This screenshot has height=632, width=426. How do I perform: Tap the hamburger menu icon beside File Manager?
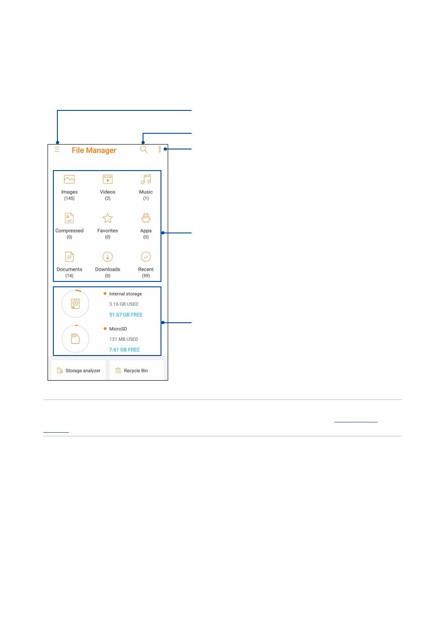point(57,149)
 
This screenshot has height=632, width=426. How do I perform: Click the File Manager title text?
point(94,150)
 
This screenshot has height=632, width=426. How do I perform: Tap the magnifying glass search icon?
point(143,149)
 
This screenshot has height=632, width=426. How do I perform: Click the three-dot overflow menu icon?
point(160,149)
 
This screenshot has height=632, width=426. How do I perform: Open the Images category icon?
point(70,180)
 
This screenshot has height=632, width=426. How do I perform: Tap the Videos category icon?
point(108,180)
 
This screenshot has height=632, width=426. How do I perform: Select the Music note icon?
point(146,180)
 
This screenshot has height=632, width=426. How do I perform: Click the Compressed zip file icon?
point(69,218)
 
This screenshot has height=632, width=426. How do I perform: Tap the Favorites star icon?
point(108,218)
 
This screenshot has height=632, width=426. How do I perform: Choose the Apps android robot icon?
point(146,218)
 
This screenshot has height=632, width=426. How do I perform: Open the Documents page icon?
point(69,257)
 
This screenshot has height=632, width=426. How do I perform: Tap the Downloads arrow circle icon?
point(108,257)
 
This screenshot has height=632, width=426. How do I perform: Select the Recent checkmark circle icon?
point(146,257)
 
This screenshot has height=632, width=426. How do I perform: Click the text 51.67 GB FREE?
point(126,315)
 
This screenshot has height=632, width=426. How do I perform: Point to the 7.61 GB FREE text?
point(124,350)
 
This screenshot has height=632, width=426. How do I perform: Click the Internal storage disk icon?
point(75,303)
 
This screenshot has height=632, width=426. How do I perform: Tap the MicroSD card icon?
point(75,338)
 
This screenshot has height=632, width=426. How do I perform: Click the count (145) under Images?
point(70,198)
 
